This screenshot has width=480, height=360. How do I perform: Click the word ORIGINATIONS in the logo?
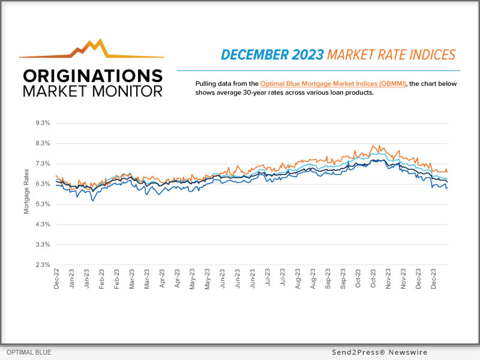pyautogui.click(x=92, y=76)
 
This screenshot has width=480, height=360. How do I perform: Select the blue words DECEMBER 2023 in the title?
pyautogui.click(x=272, y=55)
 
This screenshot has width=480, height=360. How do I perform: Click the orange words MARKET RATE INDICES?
pyautogui.click(x=391, y=55)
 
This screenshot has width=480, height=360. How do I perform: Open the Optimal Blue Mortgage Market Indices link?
pyautogui.click(x=334, y=83)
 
